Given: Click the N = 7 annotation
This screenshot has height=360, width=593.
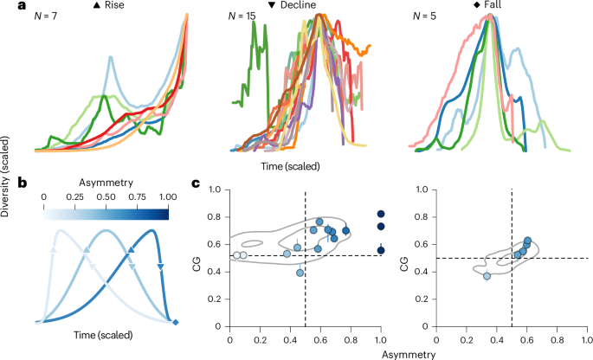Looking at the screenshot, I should pyautogui.click(x=48, y=17).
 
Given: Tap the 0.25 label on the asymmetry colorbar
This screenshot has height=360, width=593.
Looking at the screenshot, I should pyautogui.click(x=74, y=196).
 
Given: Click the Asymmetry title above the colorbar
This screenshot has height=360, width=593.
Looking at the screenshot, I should pyautogui.click(x=105, y=183).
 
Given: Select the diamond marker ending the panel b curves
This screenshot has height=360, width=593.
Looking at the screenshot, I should pyautogui.click(x=176, y=323).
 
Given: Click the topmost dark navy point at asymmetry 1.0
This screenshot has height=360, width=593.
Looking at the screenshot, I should pyautogui.click(x=381, y=214).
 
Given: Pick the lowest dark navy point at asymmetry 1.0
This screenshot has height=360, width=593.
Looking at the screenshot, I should pyautogui.click(x=381, y=250).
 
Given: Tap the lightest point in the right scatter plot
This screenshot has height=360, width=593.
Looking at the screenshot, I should pyautogui.click(x=487, y=276).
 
